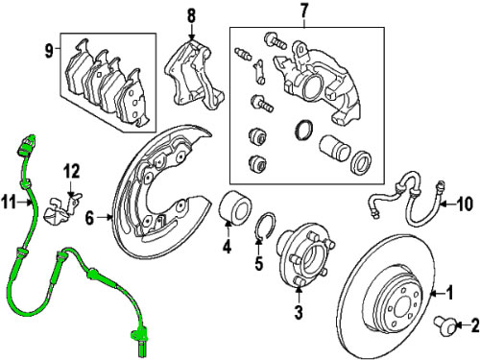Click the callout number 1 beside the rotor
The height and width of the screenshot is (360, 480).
450,293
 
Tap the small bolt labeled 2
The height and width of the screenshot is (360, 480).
444,325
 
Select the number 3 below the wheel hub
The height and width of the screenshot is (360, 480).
299,312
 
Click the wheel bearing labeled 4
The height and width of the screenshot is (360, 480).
235,208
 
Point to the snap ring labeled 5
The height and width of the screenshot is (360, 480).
265,226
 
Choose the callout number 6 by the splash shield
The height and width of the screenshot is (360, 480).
90,218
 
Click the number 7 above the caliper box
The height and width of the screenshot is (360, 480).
303,12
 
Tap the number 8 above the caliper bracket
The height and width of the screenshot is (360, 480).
191,15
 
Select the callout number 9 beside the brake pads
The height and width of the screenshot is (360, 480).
49,51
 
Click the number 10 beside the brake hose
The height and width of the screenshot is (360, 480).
464,204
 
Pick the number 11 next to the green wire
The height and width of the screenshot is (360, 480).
9,203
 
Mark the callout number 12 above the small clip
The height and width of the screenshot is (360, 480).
71,171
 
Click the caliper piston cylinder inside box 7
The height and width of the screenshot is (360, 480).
334,148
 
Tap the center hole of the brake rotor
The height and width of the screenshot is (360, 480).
403,309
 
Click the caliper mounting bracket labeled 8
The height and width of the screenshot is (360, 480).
193,75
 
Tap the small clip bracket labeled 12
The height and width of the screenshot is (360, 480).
61,209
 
